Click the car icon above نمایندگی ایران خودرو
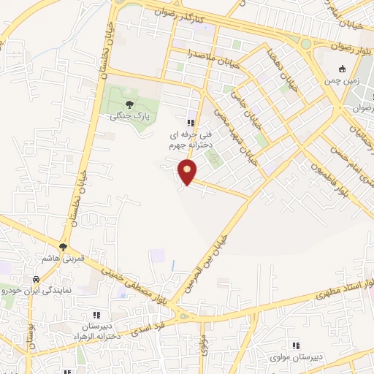click(x=35, y=279)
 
